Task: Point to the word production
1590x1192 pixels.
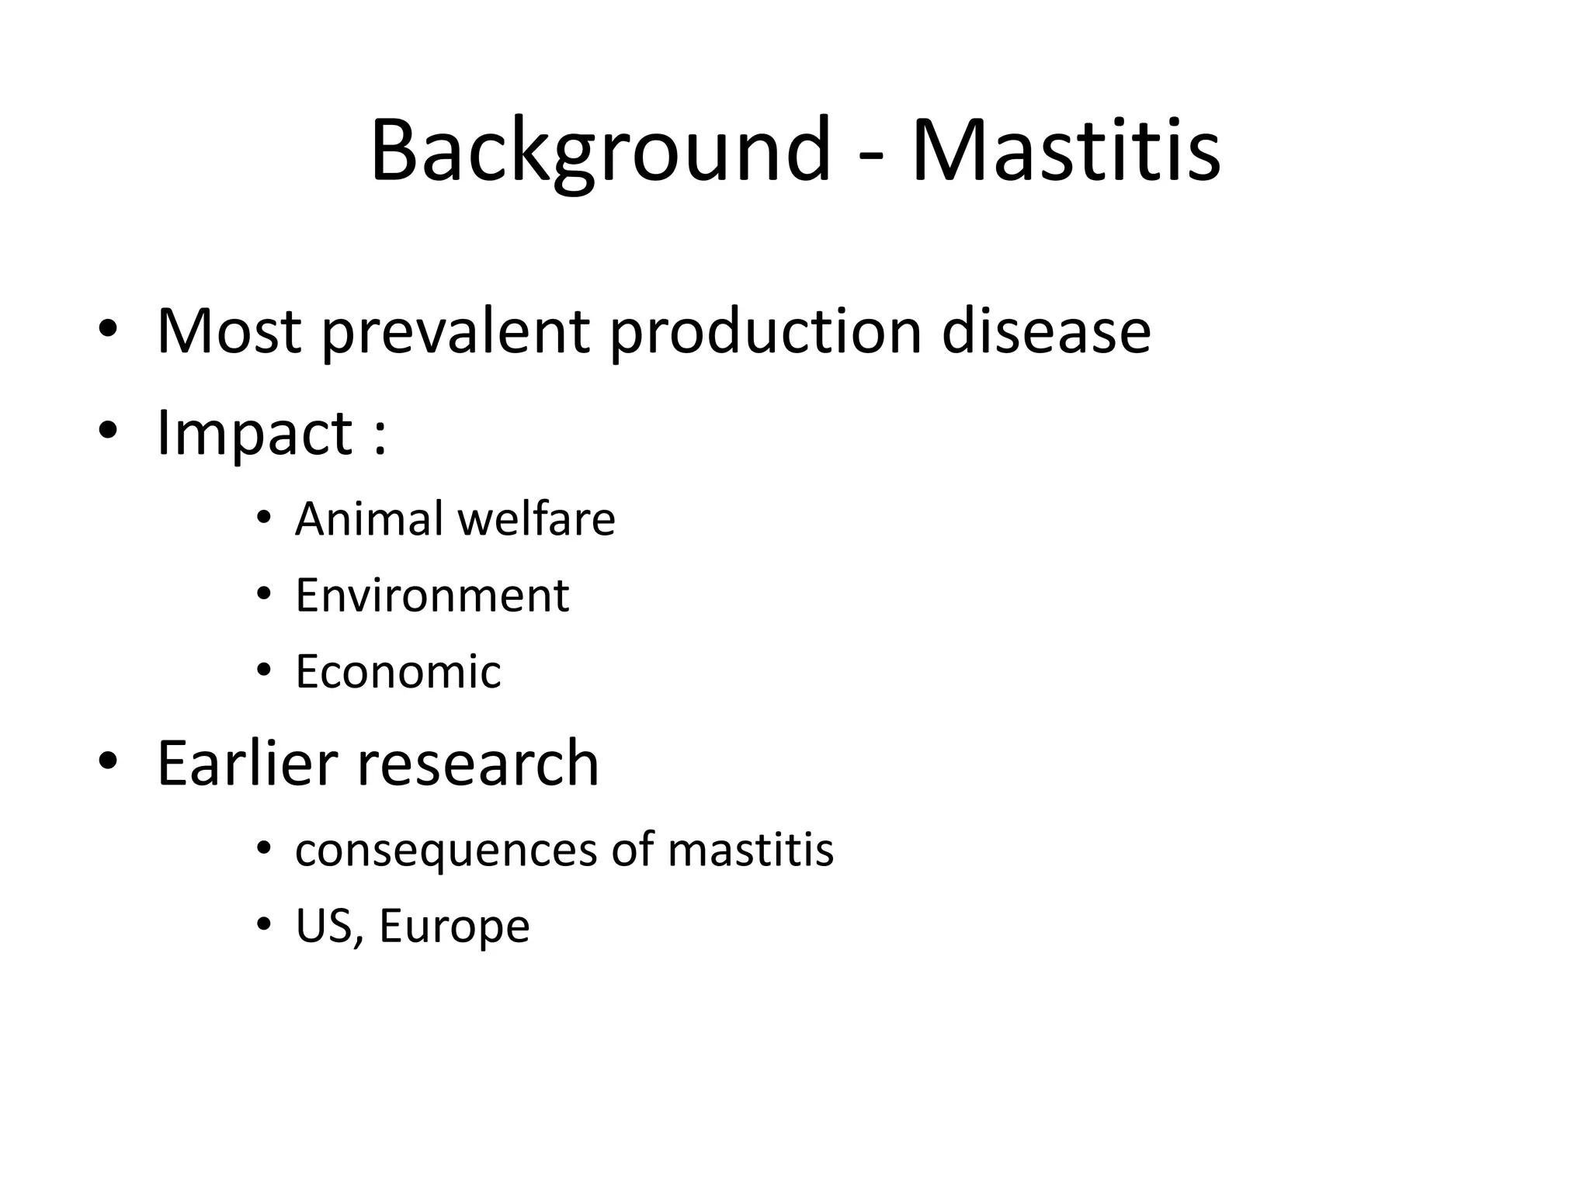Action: [x=765, y=332]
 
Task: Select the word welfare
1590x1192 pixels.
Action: [x=536, y=518]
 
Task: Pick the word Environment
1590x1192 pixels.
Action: [x=432, y=595]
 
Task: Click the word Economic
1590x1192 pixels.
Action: [x=398, y=671]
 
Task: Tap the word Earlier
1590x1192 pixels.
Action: [x=247, y=764]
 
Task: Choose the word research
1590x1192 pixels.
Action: [x=478, y=764]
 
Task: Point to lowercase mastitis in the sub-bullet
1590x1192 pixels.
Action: [x=750, y=849]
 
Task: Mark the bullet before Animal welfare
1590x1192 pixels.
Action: [x=264, y=517]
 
